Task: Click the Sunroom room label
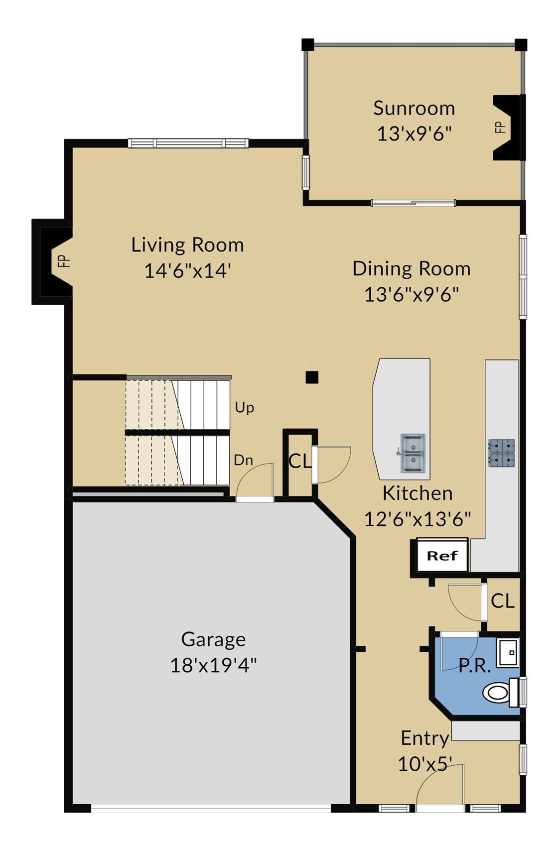tap(414, 108)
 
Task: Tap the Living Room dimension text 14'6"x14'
tap(188, 271)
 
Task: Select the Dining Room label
tap(412, 268)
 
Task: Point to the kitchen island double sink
tap(413, 453)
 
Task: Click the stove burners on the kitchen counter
tap(502, 453)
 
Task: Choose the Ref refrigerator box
tap(442, 556)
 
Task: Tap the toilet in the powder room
tap(501, 693)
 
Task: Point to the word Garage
tap(213, 639)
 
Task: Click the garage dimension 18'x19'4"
tap(213, 665)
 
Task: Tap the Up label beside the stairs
tap(244, 408)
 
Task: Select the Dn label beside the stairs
tap(243, 460)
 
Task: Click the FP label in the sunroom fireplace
tap(501, 127)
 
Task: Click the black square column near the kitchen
tap(312, 377)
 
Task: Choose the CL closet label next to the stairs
tap(300, 461)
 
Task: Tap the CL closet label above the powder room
tap(502, 601)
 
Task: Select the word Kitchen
tap(417, 493)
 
